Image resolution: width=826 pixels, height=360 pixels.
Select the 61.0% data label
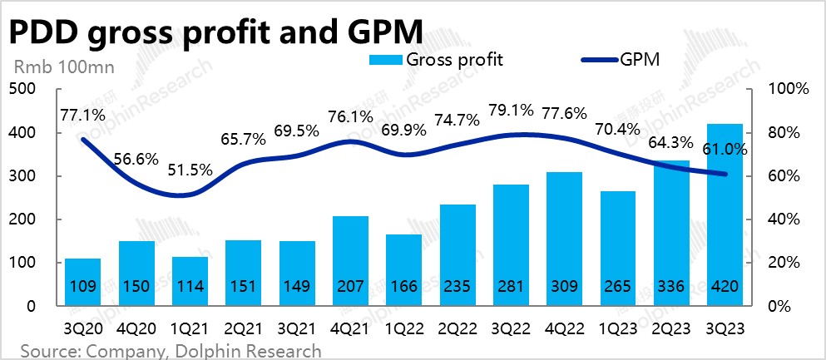(x=730, y=150)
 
